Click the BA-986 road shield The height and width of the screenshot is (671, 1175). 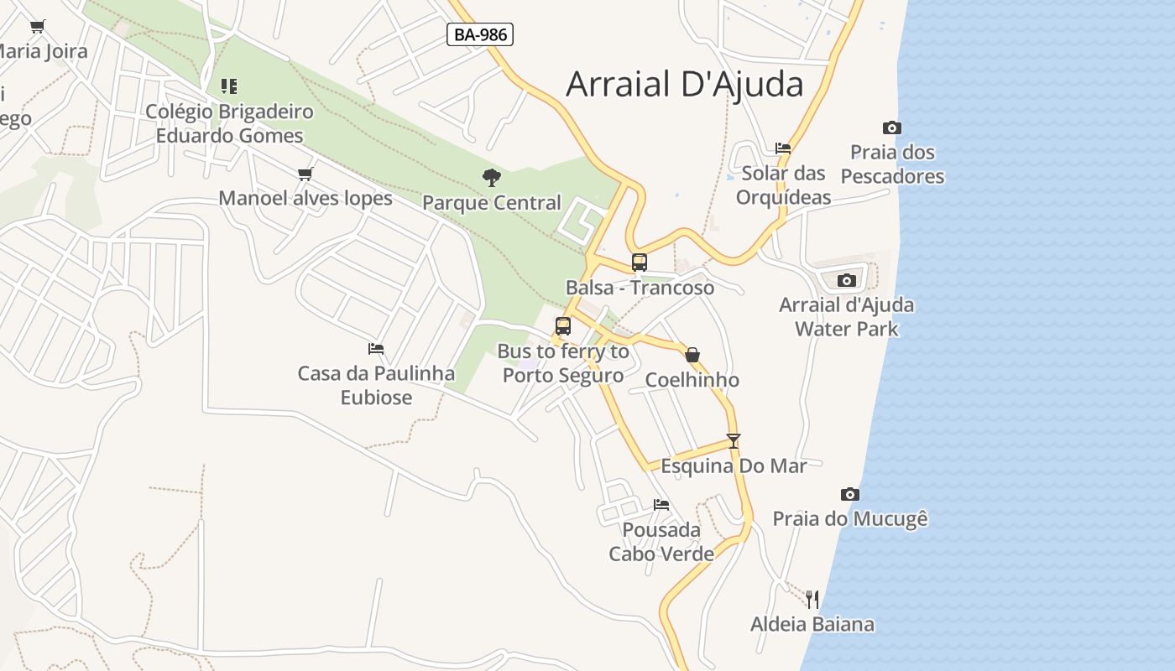point(479,34)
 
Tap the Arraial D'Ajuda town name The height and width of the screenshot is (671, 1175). point(684,84)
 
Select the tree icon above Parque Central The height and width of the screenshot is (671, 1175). point(492,177)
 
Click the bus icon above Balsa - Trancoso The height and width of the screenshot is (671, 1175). point(640,262)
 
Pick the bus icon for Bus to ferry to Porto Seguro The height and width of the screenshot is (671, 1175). point(563,326)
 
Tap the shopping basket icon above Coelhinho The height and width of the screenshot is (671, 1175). point(692,355)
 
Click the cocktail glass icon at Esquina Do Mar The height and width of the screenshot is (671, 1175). point(734,440)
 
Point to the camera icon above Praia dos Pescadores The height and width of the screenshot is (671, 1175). point(892,127)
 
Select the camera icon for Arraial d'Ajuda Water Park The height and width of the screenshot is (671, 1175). point(847,280)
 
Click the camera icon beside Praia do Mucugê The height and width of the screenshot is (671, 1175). point(850,494)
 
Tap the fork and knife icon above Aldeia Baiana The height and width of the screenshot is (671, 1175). point(812,599)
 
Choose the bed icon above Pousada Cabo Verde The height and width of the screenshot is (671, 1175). point(661,504)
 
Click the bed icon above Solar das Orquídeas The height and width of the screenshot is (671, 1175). point(783,148)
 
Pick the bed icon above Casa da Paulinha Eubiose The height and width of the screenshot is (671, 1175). point(376,348)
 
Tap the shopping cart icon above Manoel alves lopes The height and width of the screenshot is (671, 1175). point(305,174)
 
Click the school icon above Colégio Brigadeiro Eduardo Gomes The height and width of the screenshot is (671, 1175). point(229,86)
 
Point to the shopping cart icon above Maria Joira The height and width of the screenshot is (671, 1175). point(38,26)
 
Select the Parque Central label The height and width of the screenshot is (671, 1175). point(492,203)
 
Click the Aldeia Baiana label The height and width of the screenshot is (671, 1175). point(812,624)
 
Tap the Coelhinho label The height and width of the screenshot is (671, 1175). point(692,380)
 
